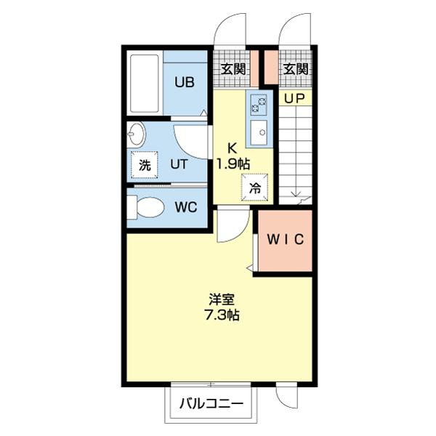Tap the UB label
184,81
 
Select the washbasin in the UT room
137,134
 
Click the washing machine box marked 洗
145,164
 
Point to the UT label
178,164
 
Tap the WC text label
186,206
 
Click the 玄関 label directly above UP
295,70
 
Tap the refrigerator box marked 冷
256,186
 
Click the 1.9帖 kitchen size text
233,163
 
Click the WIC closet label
284,239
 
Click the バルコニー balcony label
210,403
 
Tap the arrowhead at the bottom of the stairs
296,193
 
